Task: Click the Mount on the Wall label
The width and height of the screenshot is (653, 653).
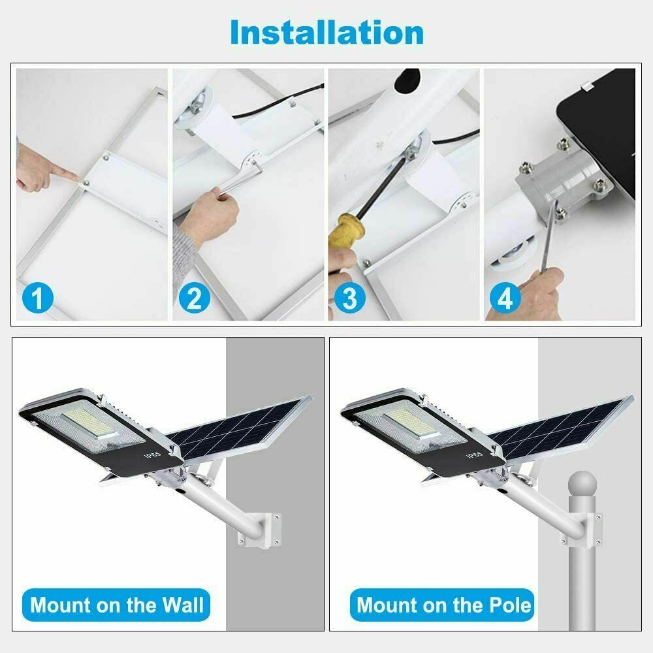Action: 117,605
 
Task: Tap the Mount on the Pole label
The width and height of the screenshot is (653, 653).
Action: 444,605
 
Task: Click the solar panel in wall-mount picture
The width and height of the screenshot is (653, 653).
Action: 242,428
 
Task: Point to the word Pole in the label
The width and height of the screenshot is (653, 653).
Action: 505,605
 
